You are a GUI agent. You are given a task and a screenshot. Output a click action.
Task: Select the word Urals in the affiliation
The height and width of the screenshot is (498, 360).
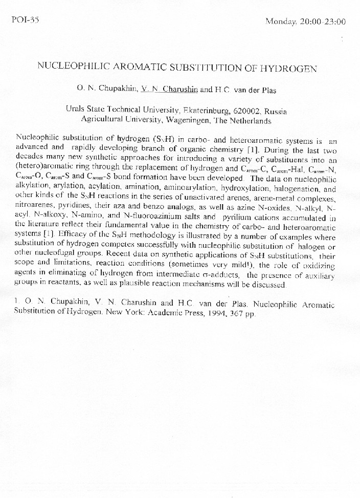click(75, 110)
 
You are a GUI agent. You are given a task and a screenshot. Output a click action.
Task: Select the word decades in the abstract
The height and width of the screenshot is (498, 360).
click(30, 156)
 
